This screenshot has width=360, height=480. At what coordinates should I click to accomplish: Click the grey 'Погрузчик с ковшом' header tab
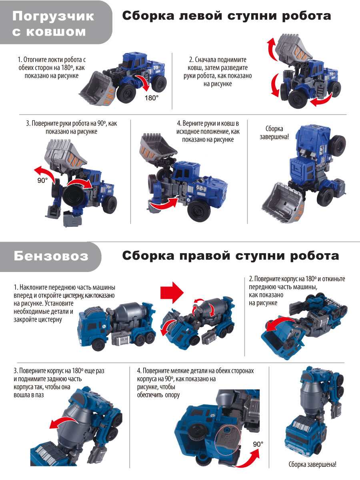point(54,23)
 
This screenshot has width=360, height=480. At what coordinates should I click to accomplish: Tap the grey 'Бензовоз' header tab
point(51,256)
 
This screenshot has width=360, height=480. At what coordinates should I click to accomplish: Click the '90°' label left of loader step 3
point(43,180)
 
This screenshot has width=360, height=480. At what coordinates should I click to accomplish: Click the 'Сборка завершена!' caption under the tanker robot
point(312,465)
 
